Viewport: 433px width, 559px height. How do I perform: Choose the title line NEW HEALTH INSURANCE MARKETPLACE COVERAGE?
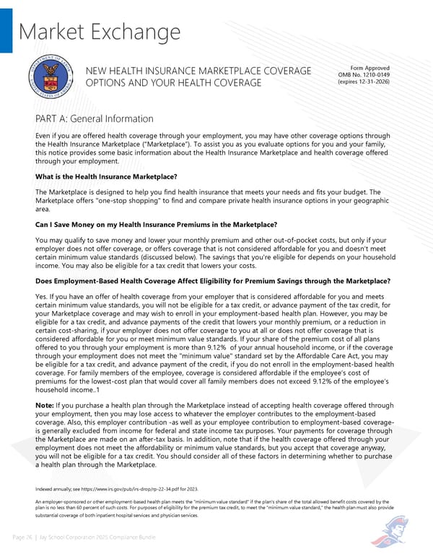[x=198, y=70]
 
